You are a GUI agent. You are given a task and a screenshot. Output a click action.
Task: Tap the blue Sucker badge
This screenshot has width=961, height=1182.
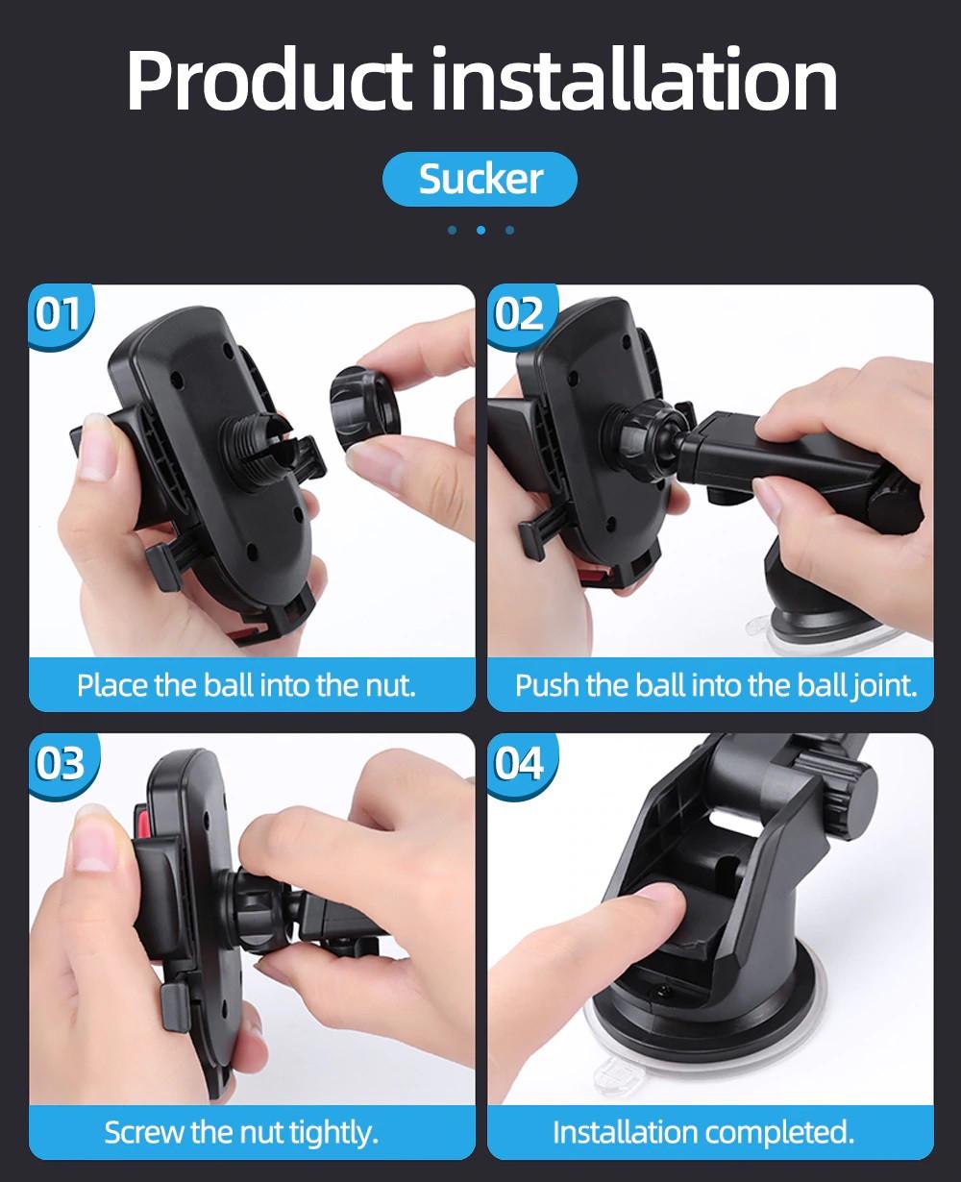480,179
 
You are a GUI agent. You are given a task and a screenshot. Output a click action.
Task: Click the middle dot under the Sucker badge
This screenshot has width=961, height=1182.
480,230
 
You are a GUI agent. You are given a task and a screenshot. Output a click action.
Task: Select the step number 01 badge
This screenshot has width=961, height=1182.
59,314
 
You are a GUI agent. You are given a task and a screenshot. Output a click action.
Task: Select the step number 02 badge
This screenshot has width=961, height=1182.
520,314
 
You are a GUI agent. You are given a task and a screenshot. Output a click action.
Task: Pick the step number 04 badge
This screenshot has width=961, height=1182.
520,764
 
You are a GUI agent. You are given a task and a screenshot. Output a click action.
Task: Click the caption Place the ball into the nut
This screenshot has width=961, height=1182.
246,685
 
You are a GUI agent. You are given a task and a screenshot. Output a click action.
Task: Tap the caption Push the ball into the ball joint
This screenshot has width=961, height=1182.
716,685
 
